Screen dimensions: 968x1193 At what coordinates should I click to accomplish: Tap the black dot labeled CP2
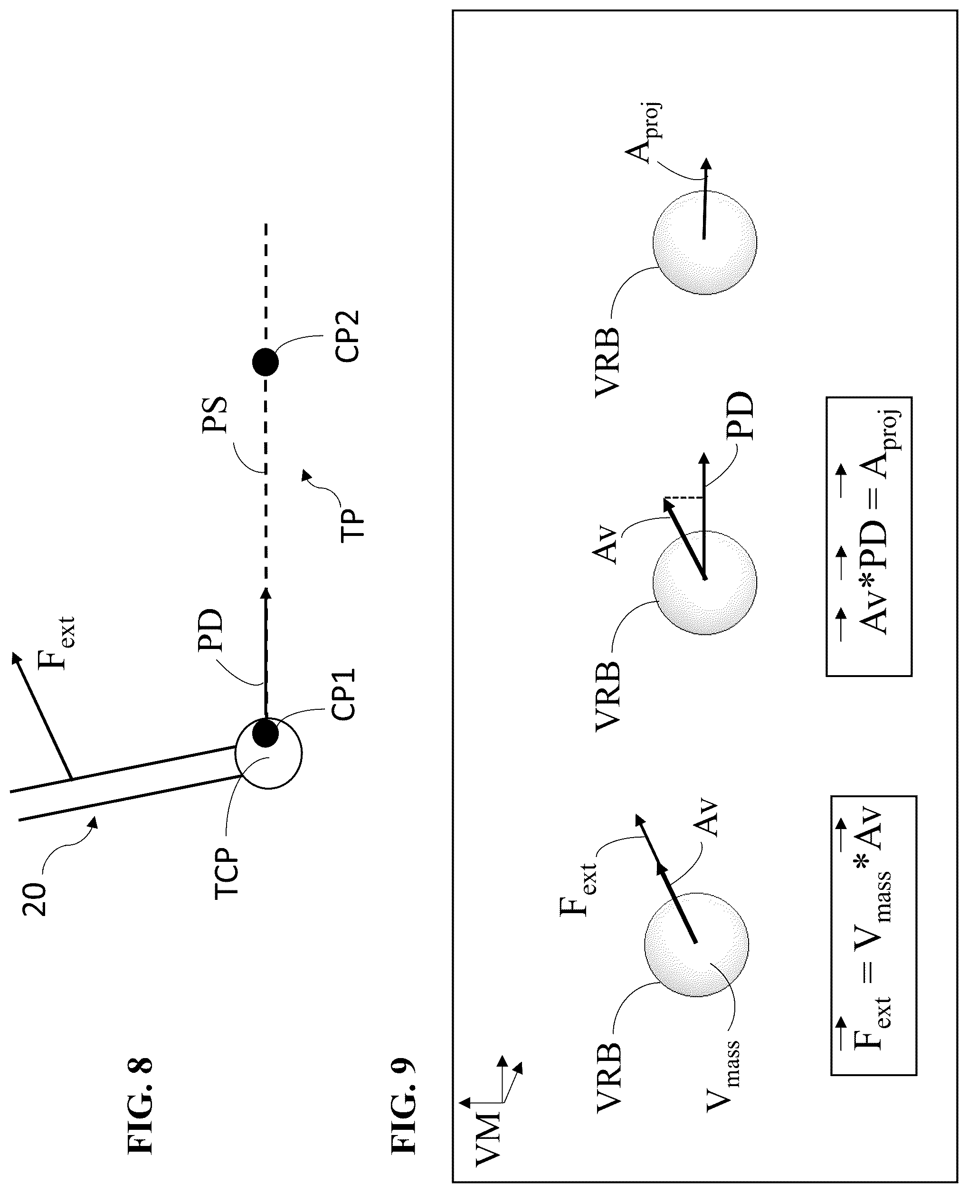[x=265, y=363]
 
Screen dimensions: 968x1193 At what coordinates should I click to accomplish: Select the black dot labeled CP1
[x=265, y=733]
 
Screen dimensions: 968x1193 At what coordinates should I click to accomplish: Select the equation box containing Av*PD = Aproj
[x=869, y=536]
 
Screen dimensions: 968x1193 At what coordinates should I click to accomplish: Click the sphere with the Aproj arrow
[x=705, y=241]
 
